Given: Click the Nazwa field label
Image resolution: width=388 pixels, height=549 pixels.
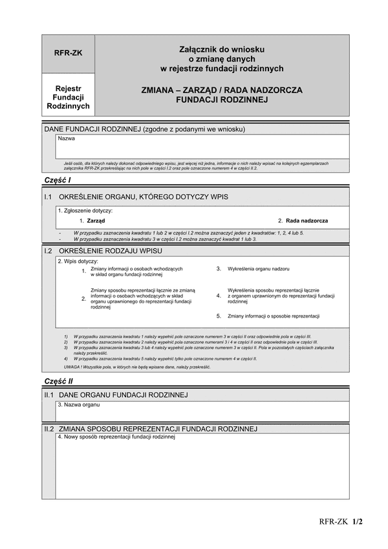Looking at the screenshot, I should point(66,138).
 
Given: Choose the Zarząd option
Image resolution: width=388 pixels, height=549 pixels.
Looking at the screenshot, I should point(96,221).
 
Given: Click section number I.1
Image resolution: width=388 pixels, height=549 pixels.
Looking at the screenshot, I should point(48,196).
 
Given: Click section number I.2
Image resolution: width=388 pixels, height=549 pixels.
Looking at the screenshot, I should point(48,250).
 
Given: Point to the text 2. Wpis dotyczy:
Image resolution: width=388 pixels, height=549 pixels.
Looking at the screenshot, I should point(78,261).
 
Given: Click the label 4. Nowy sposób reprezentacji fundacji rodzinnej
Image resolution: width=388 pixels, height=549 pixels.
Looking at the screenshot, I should point(116,437).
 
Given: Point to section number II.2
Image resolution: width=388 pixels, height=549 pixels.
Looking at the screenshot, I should point(48,428).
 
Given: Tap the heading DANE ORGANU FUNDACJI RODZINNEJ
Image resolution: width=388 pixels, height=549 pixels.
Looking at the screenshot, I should point(123,394).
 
